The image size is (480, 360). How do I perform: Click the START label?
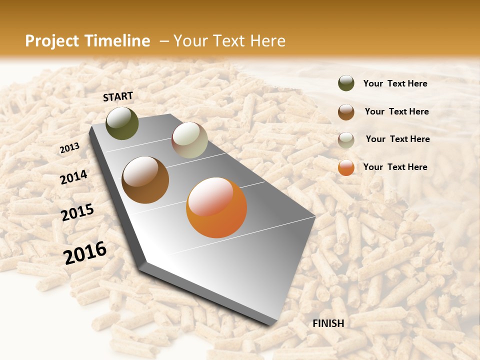click(118, 96)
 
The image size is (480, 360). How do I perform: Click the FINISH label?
click(328, 323)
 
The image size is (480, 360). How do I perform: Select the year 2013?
click(69, 148)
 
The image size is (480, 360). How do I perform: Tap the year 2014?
click(74, 177)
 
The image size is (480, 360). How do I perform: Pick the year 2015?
click(77, 212)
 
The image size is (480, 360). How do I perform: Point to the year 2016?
click(85, 252)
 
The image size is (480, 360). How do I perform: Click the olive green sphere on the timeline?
click(122, 123)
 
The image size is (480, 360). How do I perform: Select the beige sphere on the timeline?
click(189, 140)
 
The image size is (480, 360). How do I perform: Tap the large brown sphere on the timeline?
click(145, 180)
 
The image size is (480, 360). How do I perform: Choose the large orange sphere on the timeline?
click(216, 207)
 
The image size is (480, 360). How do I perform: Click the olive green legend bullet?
click(346, 83)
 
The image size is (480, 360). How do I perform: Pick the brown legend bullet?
click(346, 112)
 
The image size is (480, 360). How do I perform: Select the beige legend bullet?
click(346, 140)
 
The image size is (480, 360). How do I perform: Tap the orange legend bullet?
click(346, 167)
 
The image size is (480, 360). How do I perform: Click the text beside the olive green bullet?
click(395, 83)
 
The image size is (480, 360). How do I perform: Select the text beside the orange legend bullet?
click(395, 167)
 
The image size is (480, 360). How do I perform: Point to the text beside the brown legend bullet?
click(396, 111)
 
